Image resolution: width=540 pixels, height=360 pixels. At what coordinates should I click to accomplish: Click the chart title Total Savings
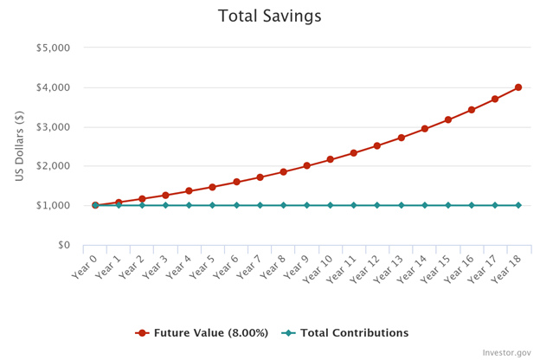[270, 16]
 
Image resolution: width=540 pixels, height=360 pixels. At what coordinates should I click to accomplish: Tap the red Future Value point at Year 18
[518, 87]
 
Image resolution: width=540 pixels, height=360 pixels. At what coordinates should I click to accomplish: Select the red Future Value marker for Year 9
[306, 165]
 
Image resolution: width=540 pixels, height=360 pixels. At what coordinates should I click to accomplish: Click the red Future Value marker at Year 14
[424, 129]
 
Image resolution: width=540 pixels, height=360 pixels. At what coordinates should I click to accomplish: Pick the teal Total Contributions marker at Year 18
[518, 205]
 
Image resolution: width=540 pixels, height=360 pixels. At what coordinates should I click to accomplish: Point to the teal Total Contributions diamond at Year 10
[330, 205]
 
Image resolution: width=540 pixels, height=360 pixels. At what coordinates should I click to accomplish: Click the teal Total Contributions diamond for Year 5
[212, 205]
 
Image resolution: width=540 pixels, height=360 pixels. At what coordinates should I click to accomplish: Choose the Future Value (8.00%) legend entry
[203, 333]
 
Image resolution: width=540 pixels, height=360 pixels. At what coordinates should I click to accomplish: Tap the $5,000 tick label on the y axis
[53, 48]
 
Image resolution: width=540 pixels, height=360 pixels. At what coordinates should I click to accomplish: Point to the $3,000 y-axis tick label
[53, 126]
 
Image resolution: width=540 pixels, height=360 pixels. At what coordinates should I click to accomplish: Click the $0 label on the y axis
[61, 245]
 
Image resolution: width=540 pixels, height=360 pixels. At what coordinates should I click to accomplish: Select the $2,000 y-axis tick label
[53, 166]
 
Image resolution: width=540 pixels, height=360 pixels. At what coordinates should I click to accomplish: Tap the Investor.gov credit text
[505, 352]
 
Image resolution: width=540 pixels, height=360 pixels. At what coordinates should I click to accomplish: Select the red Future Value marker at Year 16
[472, 110]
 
